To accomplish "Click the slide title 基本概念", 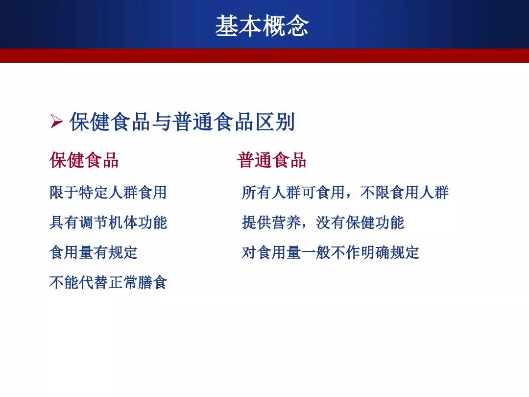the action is point(262,25).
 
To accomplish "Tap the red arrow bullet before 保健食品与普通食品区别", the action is point(56,121).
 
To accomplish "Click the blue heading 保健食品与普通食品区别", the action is point(182,122).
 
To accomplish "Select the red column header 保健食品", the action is point(84,160).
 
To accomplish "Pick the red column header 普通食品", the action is point(271,160).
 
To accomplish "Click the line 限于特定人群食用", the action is point(108,193).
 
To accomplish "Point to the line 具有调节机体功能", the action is point(108,223).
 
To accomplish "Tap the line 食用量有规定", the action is point(94,252).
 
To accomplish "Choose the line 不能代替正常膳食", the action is point(108,283).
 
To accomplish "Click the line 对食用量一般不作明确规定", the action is point(330,252).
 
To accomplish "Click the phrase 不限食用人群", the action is point(404,193).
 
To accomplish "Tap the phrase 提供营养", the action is point(271,223).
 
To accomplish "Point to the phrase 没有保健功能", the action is point(360,223).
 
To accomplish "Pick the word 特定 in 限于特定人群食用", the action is point(94,193).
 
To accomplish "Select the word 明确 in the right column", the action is point(375,252).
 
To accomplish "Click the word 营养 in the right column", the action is point(286,223).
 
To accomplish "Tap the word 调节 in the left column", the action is point(94,223).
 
